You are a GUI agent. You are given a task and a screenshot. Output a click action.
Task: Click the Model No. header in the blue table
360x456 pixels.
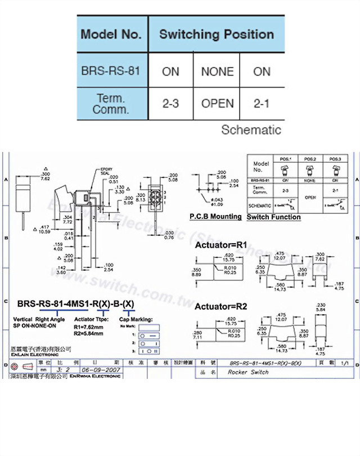click(111, 34)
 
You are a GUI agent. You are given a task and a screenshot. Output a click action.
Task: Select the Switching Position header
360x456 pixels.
click(217, 34)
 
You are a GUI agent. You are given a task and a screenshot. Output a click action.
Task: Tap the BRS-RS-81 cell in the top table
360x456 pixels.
click(111, 71)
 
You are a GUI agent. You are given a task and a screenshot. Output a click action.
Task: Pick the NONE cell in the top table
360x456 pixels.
click(217, 71)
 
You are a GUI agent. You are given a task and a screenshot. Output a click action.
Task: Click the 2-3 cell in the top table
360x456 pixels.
click(170, 104)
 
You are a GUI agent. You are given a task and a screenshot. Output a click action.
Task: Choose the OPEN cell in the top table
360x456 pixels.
click(217, 104)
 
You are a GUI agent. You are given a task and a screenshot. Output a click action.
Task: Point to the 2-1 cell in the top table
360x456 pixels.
click(262, 104)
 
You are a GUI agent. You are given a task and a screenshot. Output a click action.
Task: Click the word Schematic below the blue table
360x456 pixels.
click(251, 130)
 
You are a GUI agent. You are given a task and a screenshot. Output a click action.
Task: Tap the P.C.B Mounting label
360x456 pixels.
click(215, 217)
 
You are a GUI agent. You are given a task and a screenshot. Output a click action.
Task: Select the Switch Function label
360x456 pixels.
click(273, 217)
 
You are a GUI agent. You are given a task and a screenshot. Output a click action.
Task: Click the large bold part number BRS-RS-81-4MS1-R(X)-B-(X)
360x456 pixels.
click(76, 304)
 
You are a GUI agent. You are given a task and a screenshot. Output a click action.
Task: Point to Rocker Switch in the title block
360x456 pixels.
click(245, 372)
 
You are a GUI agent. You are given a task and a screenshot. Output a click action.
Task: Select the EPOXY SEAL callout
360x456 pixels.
click(106, 171)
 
